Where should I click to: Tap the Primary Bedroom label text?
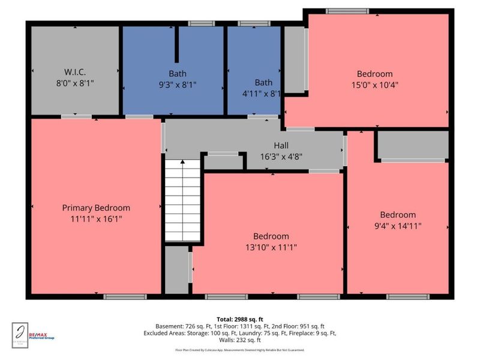tap(96, 208)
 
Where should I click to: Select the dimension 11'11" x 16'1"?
tap(96, 219)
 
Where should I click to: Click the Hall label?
tap(281, 145)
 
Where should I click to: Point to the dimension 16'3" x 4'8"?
tap(281, 156)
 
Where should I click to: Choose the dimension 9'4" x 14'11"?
tap(398, 226)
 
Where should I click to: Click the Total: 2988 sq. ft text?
tap(240, 319)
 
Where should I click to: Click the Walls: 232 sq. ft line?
tap(240, 340)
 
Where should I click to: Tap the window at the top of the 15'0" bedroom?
tap(347, 11)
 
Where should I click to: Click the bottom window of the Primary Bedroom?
tap(125, 296)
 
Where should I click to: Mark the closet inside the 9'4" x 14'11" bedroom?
tap(413, 145)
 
